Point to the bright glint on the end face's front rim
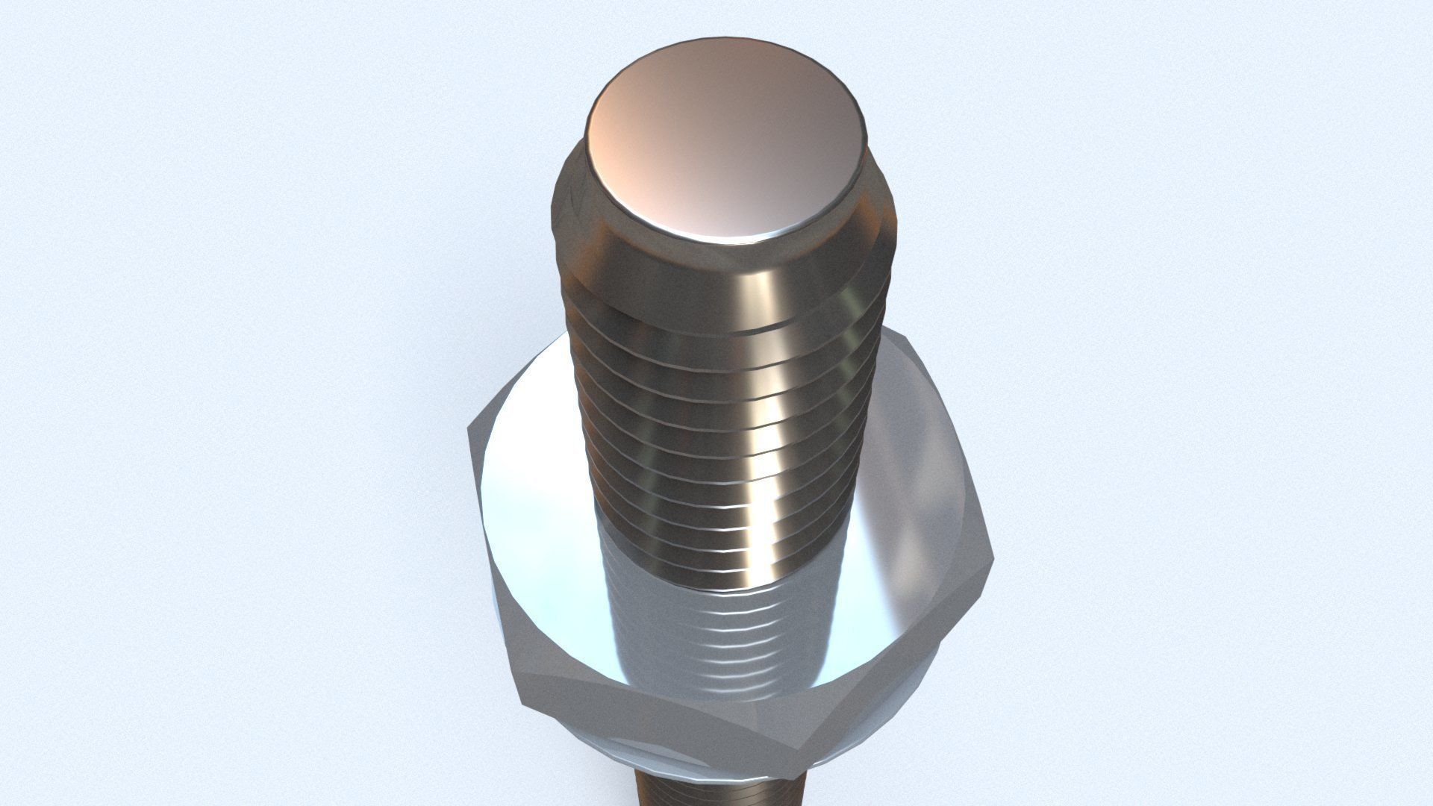(746, 237)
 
